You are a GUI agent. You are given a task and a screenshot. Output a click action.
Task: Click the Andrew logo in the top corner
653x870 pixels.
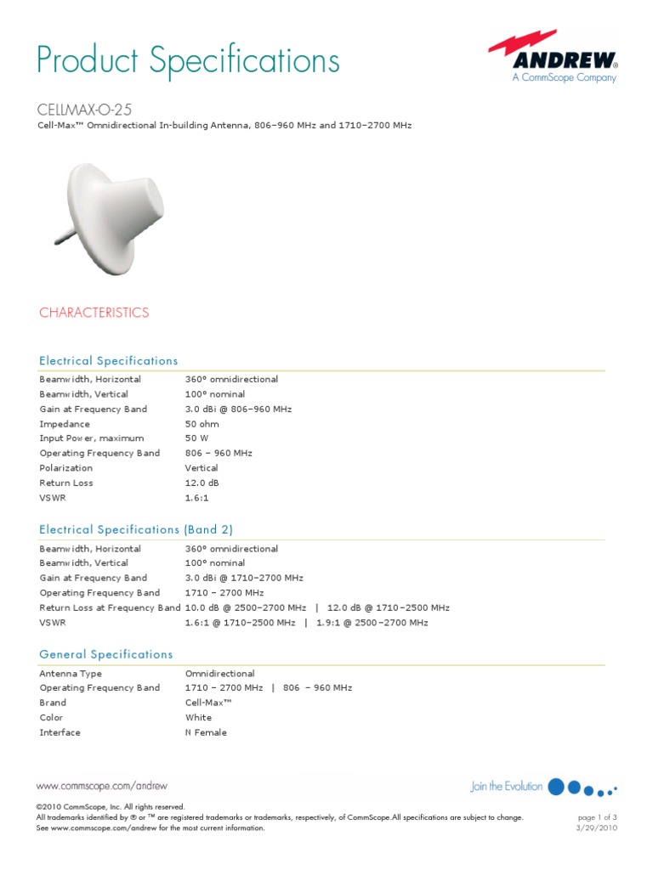click(553, 59)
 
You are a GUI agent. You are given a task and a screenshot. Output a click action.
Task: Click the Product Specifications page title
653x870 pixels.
click(188, 60)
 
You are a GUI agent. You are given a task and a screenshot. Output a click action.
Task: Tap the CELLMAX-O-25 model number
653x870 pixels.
click(86, 110)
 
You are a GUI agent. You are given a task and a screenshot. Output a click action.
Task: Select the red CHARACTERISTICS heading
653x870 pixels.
click(94, 313)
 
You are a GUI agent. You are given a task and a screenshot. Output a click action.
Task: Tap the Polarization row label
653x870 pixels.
click(66, 468)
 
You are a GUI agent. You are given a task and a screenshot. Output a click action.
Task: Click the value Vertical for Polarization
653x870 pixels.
click(202, 468)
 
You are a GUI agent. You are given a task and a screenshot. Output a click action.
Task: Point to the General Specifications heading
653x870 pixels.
click(106, 654)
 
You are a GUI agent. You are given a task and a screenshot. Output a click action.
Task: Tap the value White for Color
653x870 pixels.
click(199, 718)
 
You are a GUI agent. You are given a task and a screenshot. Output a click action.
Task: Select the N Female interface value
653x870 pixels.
click(206, 732)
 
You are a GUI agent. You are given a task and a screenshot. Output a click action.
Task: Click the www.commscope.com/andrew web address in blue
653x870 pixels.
click(101, 787)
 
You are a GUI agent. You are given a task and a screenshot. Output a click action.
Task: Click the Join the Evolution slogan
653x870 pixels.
click(507, 787)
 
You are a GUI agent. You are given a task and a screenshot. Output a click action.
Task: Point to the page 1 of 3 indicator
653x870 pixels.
click(596, 817)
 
